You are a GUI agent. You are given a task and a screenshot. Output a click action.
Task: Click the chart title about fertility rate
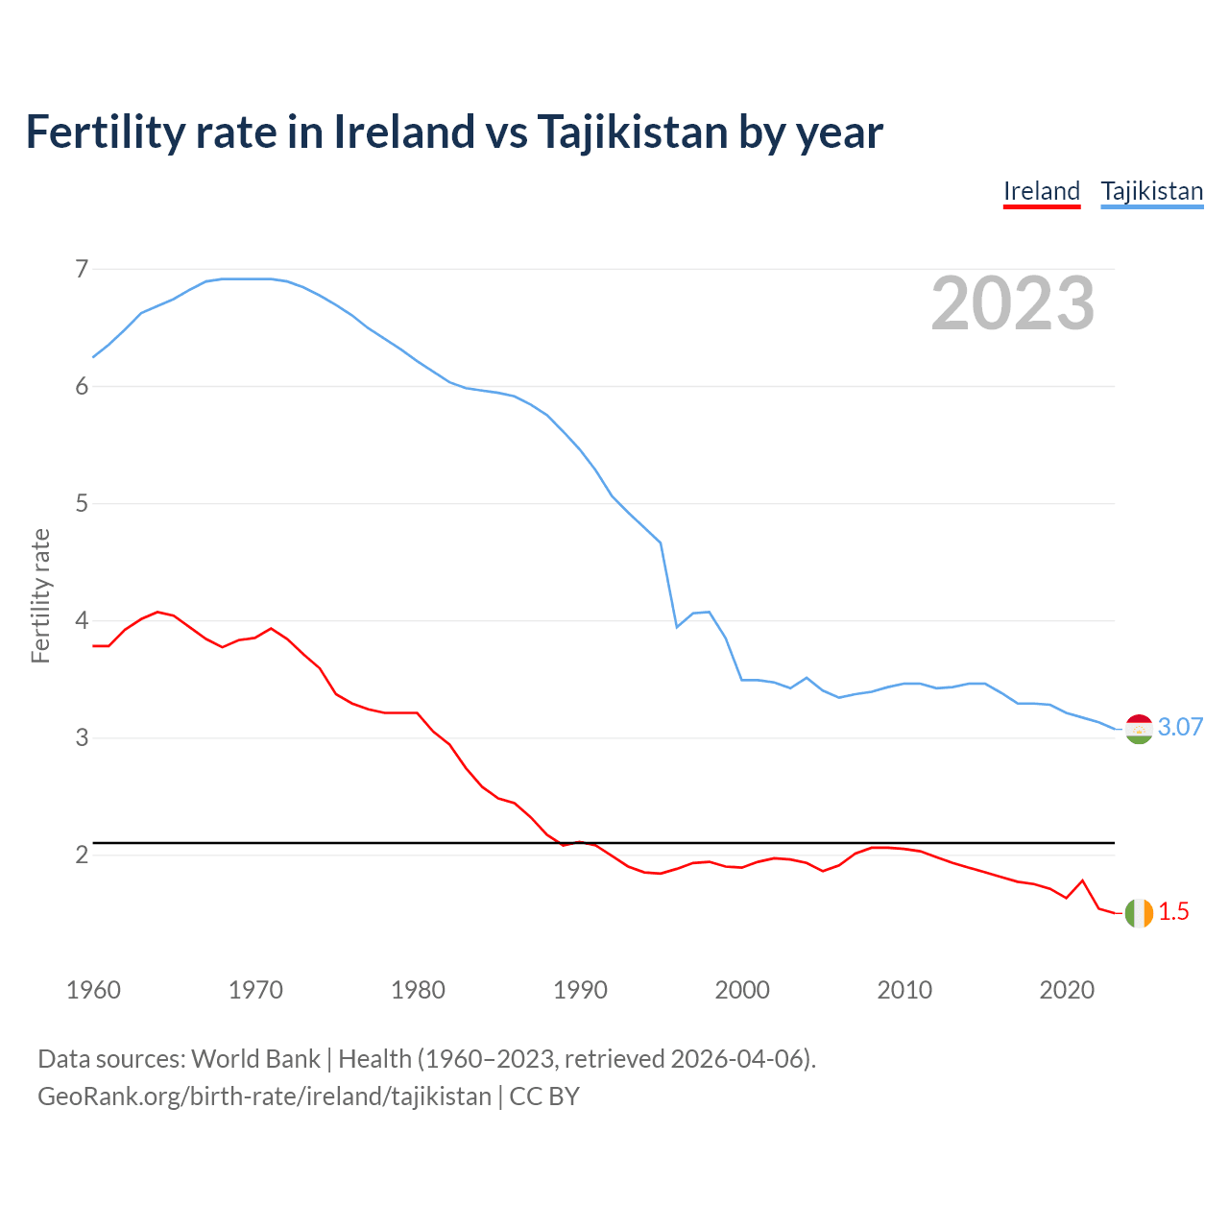(453, 133)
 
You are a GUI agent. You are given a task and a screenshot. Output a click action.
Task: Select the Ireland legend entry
(1042, 191)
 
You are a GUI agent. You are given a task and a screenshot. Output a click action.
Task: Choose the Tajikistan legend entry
(1151, 191)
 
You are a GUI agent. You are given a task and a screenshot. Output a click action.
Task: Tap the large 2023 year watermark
(1013, 303)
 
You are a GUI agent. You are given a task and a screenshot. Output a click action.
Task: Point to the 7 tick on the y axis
(82, 269)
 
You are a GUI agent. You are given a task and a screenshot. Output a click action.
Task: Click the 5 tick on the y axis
(82, 503)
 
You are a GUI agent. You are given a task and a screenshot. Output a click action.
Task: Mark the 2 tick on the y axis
(82, 855)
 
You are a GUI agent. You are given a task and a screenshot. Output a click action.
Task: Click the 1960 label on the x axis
(93, 990)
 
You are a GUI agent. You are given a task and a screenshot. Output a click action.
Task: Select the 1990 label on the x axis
(580, 990)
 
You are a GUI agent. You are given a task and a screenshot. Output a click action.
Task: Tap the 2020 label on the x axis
(1067, 990)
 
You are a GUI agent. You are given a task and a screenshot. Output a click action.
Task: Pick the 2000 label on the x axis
(742, 990)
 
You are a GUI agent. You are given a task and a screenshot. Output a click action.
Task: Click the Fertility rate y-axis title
(40, 595)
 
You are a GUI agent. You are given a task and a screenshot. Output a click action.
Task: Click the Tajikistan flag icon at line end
(1139, 730)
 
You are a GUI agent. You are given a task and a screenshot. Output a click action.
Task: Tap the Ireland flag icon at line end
(1139, 913)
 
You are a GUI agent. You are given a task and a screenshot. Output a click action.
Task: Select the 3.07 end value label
(1180, 728)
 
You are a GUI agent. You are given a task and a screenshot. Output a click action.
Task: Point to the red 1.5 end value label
(1173, 912)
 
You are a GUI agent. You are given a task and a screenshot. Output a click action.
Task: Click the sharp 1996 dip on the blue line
(677, 627)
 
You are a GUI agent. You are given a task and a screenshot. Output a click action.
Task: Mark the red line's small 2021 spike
(1082, 880)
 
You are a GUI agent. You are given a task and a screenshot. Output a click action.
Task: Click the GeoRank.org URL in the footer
(264, 1096)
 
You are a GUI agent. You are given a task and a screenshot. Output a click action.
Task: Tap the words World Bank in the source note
(255, 1059)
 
